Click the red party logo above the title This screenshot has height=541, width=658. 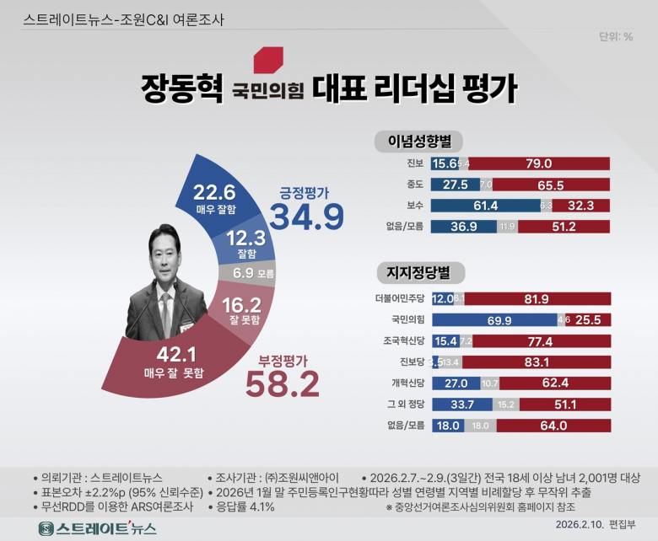click(x=268, y=59)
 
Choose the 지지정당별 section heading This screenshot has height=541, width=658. click(x=418, y=272)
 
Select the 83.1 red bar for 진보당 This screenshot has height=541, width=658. click(x=537, y=362)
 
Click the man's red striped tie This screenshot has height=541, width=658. click(x=166, y=313)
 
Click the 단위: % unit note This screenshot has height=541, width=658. click(x=616, y=36)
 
